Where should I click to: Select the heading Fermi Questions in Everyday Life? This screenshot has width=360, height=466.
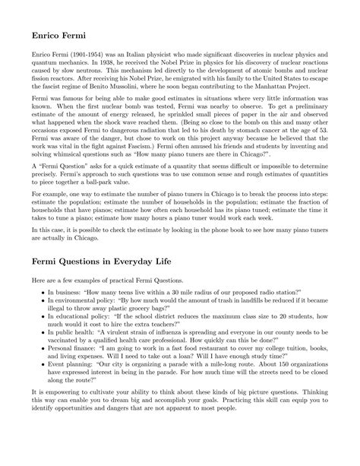click(110, 262)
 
